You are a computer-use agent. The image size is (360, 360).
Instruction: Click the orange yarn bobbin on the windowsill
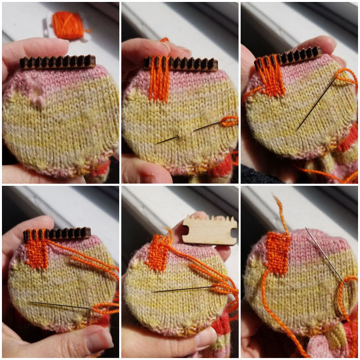coord(68,25)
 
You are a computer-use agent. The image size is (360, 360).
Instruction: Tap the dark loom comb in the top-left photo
coord(58,62)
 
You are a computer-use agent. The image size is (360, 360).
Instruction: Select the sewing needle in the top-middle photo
coord(189,131)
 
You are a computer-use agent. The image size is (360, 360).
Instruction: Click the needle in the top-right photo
coord(318,102)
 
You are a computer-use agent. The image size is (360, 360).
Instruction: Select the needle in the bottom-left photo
coord(62,305)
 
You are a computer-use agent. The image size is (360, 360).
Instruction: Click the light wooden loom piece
coord(209,230)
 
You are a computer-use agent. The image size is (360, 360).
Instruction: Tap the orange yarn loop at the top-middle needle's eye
coord(228,121)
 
